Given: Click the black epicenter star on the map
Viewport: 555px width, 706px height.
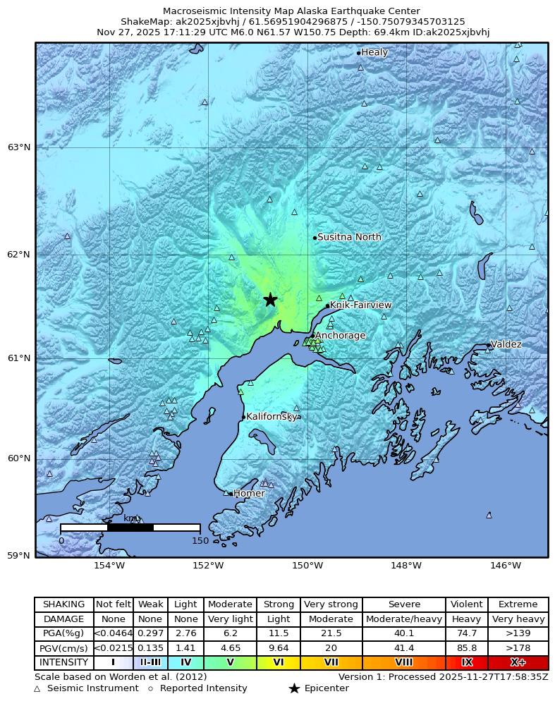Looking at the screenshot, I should (x=270, y=300).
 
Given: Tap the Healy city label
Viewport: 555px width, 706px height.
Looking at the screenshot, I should (x=374, y=52).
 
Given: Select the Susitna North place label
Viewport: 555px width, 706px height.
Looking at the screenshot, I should (x=349, y=237).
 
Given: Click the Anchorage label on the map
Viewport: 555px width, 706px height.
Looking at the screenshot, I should (x=340, y=336).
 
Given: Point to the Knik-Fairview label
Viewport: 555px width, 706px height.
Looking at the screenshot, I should (x=360, y=305).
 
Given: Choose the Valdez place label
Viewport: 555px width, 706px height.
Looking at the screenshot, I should (x=506, y=344).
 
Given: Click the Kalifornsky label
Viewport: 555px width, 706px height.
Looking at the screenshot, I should (x=272, y=417).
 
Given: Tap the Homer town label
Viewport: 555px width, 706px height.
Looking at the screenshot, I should (x=249, y=494).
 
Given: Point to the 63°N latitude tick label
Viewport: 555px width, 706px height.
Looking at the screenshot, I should (x=19, y=147).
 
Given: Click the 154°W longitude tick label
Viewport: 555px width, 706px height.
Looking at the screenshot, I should (x=109, y=566).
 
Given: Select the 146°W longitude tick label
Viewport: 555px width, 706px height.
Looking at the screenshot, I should (x=506, y=566).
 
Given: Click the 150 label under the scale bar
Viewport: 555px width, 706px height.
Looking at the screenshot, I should (x=200, y=541).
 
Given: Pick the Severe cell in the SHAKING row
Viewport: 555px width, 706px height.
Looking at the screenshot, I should (x=404, y=604).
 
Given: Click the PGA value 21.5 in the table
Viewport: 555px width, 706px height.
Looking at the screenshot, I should (x=331, y=633).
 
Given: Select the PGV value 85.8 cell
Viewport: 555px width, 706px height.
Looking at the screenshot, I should (x=466, y=648).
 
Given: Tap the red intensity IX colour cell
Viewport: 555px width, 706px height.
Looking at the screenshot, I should (x=466, y=663).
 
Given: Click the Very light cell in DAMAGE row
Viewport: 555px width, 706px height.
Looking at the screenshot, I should (x=230, y=619).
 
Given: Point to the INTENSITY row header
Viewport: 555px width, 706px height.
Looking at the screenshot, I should (x=64, y=663).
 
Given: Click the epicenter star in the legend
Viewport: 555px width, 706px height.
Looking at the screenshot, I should (x=294, y=688).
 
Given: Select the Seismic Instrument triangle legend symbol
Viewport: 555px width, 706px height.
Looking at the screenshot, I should (x=37, y=688).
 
